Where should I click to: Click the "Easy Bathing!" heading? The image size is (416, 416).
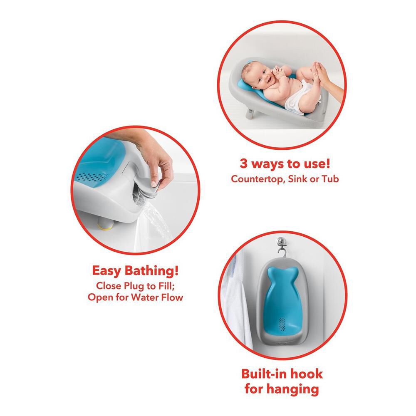pyautogui.click(x=135, y=271)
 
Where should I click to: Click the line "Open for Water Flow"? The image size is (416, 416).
pyautogui.click(x=135, y=297)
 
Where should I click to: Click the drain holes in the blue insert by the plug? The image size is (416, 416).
pyautogui.click(x=91, y=177)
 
